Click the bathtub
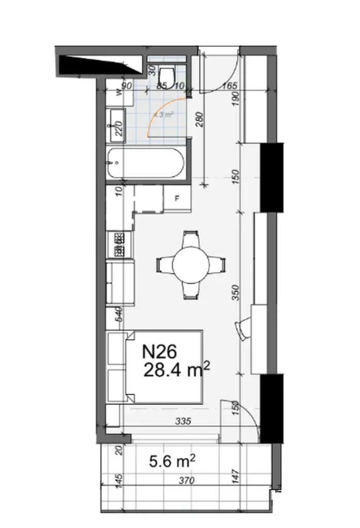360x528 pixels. pos(145,163)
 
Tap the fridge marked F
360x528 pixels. pos(177,199)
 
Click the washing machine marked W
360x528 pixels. pos(118,93)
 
